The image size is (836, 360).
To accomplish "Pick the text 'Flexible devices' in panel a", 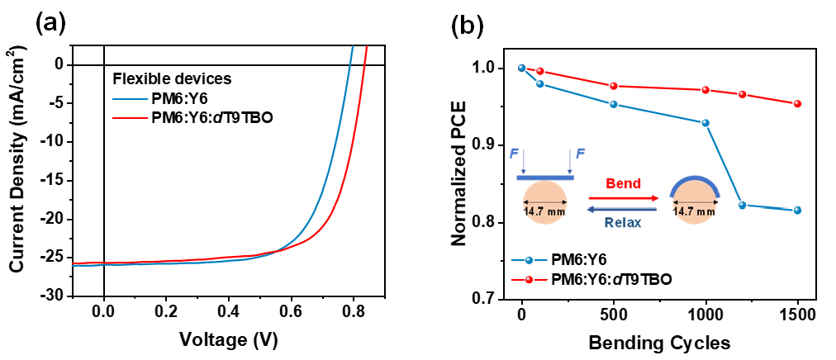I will pyautogui.click(x=171, y=79).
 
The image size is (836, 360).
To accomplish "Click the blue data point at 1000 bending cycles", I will pyautogui.click(x=705, y=123).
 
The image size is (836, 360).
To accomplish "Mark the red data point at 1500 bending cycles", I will pyautogui.click(x=796, y=104).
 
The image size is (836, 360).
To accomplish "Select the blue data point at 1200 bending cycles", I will pyautogui.click(x=742, y=205).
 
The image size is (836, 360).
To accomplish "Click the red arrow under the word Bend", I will pyautogui.click(x=623, y=198).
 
